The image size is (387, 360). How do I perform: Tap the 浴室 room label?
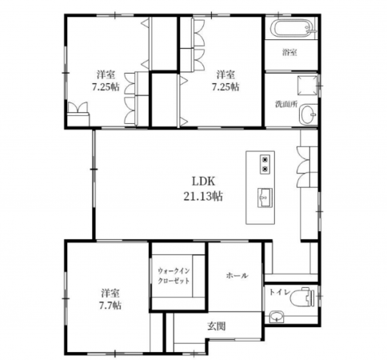(x=289, y=53)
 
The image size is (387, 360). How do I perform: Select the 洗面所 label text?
(x=286, y=104)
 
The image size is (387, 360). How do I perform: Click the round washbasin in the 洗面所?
(x=309, y=115)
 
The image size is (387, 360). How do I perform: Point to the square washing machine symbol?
(x=308, y=86)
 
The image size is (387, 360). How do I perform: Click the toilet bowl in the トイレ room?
(x=303, y=297)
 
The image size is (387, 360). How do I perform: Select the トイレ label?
(x=279, y=292)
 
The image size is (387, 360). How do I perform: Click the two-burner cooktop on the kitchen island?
(x=265, y=164)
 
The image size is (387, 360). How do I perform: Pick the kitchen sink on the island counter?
(x=265, y=198)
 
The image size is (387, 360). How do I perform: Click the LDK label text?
(x=203, y=182)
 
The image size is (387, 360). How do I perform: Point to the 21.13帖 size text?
(x=203, y=197)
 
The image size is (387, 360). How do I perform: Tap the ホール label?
(x=237, y=275)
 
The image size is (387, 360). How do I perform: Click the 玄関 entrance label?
(x=217, y=326)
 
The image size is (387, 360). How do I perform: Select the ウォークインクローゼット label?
(x=174, y=276)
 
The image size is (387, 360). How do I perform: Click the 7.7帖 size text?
(x=110, y=305)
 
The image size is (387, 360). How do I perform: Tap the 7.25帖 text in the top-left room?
(x=106, y=87)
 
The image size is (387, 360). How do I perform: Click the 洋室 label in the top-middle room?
(x=225, y=74)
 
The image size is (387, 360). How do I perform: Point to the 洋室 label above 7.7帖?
(x=110, y=293)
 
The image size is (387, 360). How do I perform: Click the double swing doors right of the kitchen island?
(x=304, y=167)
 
